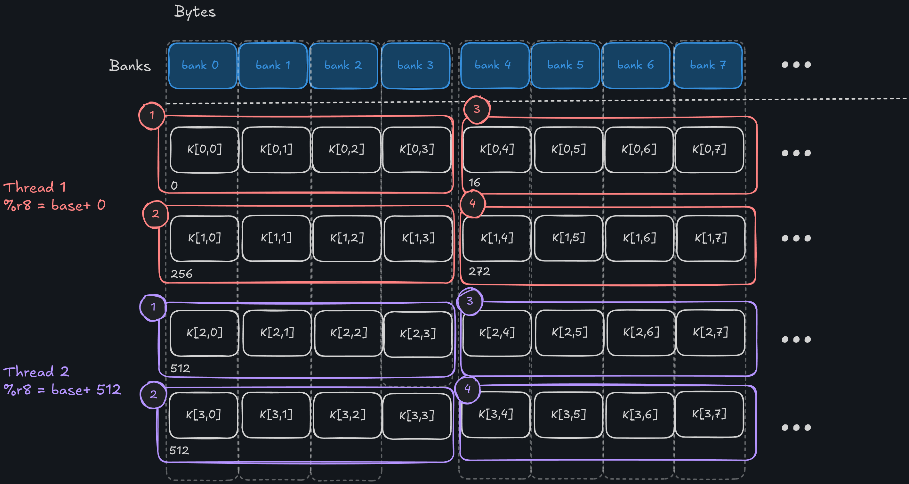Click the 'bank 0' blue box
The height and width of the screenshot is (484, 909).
click(202, 66)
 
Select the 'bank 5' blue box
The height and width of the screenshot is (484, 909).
click(565, 65)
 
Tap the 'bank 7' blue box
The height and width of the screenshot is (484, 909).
click(708, 65)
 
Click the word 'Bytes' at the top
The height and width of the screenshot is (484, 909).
click(195, 12)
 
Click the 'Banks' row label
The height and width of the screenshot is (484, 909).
click(130, 66)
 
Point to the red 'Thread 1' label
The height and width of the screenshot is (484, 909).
click(35, 187)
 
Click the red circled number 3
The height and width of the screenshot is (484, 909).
click(476, 110)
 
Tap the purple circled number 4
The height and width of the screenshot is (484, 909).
click(468, 389)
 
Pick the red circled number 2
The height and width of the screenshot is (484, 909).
click(155, 214)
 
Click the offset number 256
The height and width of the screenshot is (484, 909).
click(181, 274)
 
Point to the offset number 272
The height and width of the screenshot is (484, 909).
click(479, 271)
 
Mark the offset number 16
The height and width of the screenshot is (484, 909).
click(474, 183)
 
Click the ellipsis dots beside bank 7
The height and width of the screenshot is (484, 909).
click(796, 65)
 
